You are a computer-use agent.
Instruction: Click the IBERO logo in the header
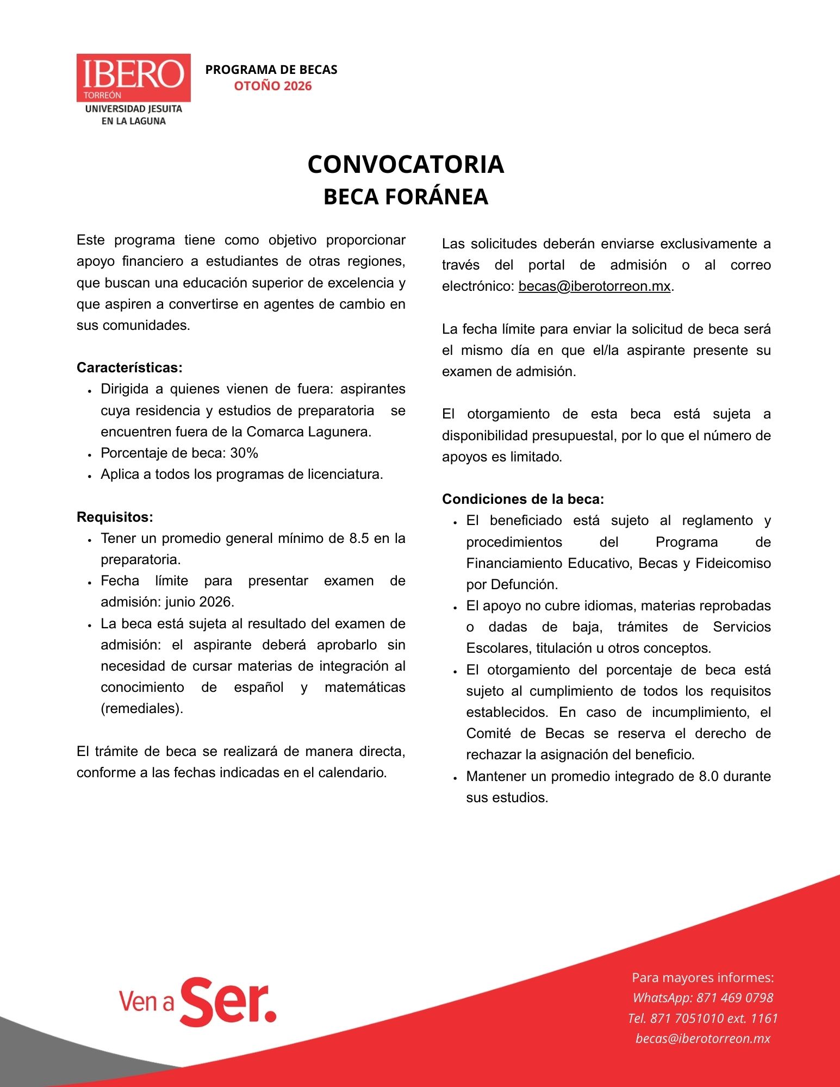point(133,78)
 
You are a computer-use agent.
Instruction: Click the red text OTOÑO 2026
point(273,86)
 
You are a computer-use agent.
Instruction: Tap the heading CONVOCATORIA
point(406,164)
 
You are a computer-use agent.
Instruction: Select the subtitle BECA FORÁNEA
point(406,197)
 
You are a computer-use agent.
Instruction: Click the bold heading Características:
point(129,368)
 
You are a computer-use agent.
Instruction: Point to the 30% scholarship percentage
point(244,453)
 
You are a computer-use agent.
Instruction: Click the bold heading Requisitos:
point(115,517)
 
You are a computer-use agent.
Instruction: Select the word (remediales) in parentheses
point(142,709)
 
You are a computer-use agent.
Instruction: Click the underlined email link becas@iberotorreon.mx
point(594,286)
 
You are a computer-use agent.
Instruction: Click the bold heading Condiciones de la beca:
point(523,499)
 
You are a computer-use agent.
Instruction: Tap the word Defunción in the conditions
point(524,585)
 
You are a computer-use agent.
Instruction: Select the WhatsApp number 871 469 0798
point(735,998)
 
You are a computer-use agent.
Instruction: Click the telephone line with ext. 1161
point(702,1018)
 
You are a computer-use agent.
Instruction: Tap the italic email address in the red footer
point(702,1039)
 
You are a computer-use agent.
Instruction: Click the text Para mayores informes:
point(702,978)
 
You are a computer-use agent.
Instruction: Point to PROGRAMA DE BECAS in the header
point(271,70)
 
